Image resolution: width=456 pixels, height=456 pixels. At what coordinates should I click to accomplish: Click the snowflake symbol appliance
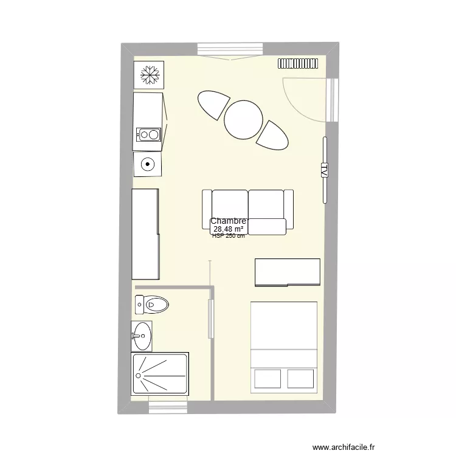click(x=149, y=75)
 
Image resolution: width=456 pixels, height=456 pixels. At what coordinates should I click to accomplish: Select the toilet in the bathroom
click(x=152, y=303)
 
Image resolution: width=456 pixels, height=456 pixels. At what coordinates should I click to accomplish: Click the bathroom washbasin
click(x=143, y=335)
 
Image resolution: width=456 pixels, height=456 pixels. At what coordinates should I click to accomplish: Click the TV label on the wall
click(x=324, y=170)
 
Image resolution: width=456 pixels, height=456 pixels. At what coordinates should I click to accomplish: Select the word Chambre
click(x=229, y=222)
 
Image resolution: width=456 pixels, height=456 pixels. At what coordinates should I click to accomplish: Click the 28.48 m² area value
click(x=228, y=229)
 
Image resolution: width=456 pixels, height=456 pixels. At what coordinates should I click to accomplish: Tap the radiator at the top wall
click(x=299, y=63)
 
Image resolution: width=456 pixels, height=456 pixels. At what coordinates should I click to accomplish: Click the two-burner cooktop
click(x=148, y=135)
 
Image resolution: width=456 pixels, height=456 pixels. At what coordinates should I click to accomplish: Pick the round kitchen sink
click(x=148, y=164)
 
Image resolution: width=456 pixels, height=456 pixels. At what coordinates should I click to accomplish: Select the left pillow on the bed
click(x=267, y=378)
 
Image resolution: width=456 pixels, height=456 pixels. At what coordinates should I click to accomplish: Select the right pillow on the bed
click(x=301, y=378)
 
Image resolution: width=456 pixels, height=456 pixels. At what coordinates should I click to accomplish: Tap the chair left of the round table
click(x=213, y=104)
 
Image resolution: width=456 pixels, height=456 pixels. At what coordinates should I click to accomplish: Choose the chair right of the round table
click(x=272, y=135)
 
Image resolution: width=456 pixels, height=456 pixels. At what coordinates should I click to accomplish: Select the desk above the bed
click(x=287, y=272)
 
